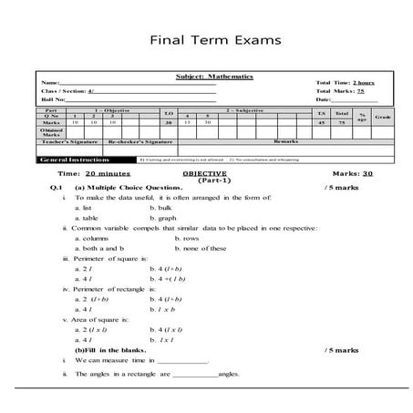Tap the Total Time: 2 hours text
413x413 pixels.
tap(345, 83)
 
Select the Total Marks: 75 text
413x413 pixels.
tap(339, 91)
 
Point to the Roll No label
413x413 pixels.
tap(55, 99)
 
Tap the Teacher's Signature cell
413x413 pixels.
tap(69, 142)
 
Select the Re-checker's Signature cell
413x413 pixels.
tap(139, 142)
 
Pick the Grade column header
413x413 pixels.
tap(382, 117)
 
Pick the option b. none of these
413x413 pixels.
tap(203, 247)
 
